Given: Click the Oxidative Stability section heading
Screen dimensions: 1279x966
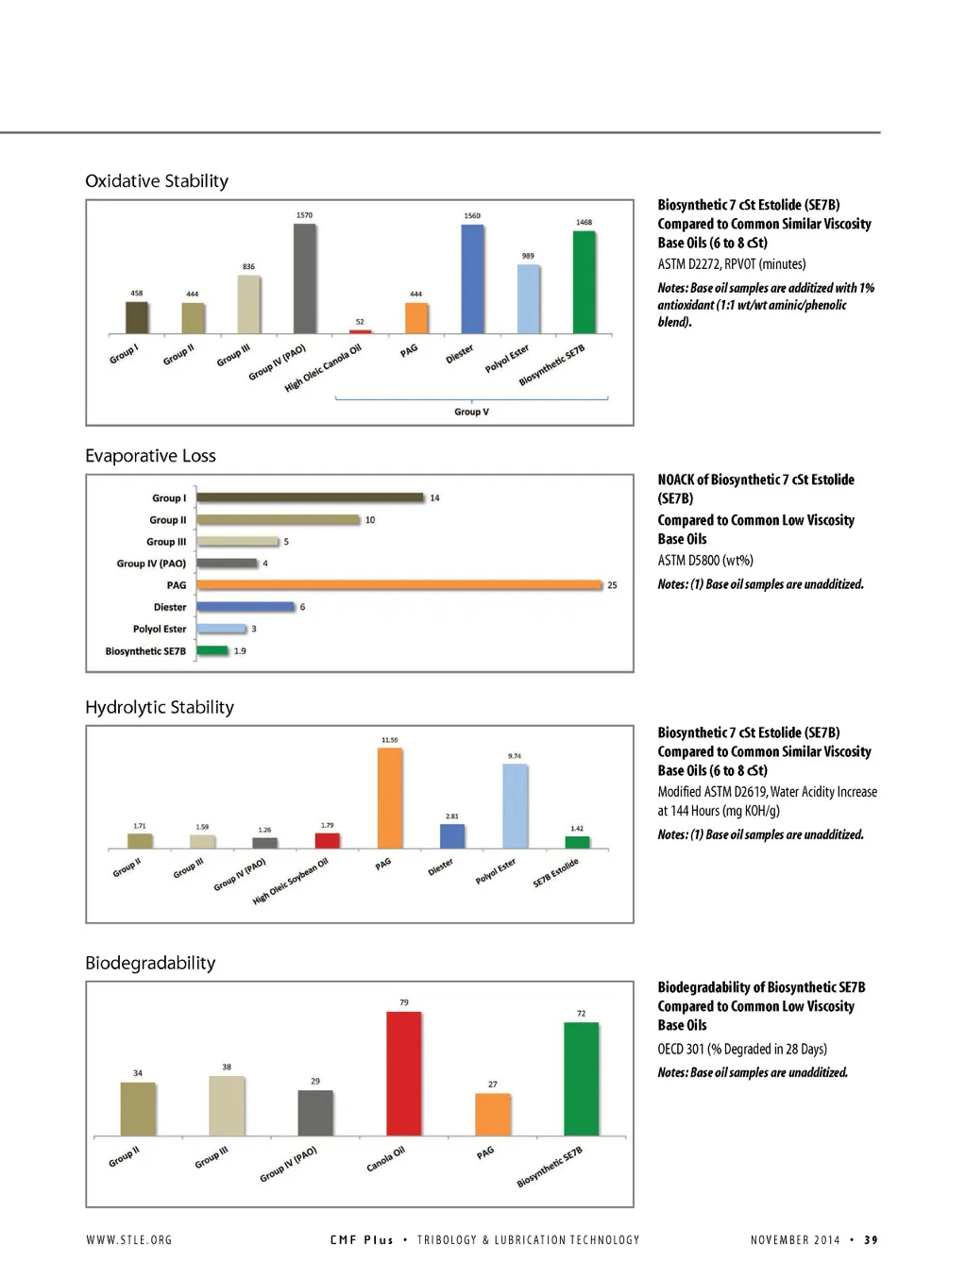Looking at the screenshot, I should (157, 181).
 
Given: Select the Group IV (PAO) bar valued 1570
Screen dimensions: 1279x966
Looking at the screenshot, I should (304, 278).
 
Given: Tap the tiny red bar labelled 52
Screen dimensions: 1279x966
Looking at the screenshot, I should (360, 331).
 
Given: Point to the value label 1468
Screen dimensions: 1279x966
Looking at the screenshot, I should (584, 223).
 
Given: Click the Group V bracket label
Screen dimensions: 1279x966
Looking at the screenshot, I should (471, 412).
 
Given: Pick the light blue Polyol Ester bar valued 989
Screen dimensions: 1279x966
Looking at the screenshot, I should (528, 299).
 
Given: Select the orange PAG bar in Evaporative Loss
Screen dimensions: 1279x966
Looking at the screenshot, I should (398, 585).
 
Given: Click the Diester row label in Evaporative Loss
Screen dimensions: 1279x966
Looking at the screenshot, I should (170, 607).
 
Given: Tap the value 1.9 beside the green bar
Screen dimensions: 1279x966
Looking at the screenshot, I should (240, 650).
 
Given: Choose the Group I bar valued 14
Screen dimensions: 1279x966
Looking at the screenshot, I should (310, 497).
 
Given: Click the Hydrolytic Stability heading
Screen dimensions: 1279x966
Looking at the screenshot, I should (160, 707).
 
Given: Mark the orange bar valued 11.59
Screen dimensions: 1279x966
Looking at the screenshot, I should (389, 799).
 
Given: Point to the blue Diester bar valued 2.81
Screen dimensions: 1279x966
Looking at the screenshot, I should (452, 836).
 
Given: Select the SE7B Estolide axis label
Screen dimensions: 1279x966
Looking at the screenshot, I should (555, 873).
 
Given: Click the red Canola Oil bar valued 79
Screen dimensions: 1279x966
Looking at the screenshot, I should (404, 1073).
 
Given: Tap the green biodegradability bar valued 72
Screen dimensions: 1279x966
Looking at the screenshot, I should (581, 1079).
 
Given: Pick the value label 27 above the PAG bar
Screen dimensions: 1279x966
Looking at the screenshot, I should (492, 1085).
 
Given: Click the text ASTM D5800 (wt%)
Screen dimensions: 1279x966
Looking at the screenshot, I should (705, 561).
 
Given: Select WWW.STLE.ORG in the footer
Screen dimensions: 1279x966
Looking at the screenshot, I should (129, 1240).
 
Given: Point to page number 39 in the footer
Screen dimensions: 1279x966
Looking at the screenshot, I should (871, 1240).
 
